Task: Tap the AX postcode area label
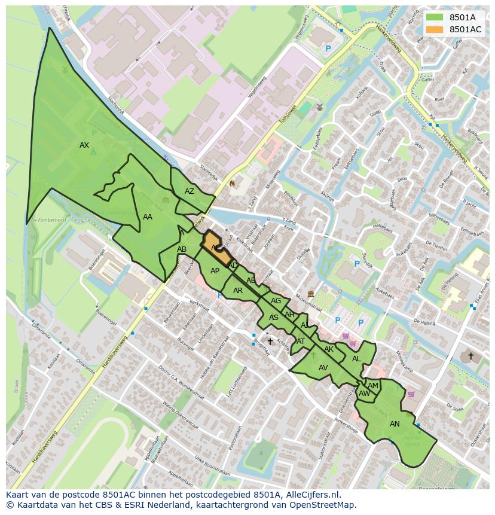click(84, 145)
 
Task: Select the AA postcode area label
click(148, 217)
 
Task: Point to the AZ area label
click(190, 191)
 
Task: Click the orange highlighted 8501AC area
click(216, 247)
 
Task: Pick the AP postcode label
click(215, 271)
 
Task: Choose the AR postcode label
click(238, 291)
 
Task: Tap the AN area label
click(395, 424)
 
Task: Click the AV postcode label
click(323, 368)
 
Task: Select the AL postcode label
click(356, 359)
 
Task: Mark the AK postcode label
click(329, 349)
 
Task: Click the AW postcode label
click(364, 394)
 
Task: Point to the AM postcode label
click(373, 386)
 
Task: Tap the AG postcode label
click(276, 301)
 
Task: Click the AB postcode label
click(182, 249)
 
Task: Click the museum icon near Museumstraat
click(311, 294)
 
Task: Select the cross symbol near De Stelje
click(470, 356)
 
